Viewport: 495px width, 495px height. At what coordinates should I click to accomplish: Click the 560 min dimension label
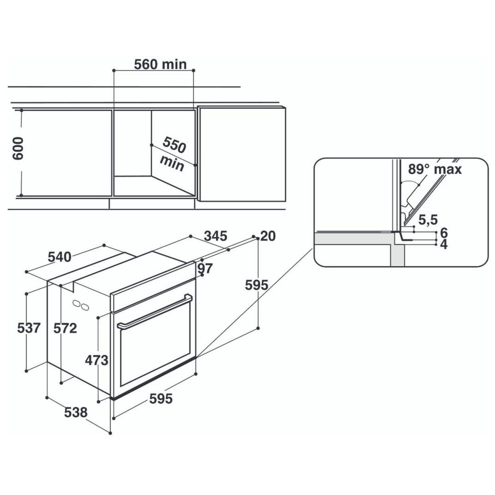tap(160, 64)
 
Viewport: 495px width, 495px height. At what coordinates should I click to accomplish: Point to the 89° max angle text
tap(435, 169)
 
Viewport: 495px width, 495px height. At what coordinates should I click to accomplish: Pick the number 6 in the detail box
tap(444, 232)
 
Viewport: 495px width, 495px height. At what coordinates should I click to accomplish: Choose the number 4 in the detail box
tap(444, 245)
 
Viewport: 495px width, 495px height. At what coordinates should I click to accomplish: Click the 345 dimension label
tap(216, 236)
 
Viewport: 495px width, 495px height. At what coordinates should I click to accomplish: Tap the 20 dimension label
tap(268, 236)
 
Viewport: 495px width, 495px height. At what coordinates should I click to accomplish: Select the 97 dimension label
tap(205, 269)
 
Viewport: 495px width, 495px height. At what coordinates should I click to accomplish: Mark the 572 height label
tap(66, 328)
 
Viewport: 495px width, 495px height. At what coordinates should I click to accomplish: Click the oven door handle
tap(155, 312)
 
